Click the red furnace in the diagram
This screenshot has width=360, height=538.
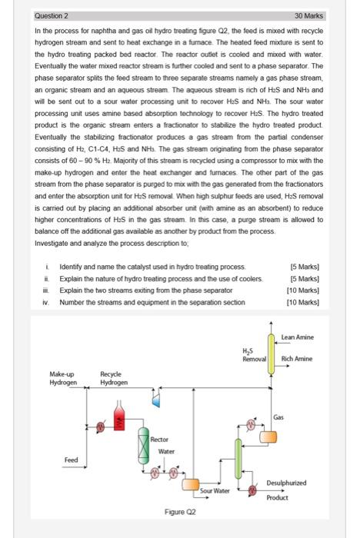point(119,416)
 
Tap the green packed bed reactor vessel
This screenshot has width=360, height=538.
point(144,446)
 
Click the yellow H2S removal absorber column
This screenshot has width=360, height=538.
point(271,354)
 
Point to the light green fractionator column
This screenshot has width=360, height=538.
point(238,458)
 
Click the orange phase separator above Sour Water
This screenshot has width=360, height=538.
point(190,484)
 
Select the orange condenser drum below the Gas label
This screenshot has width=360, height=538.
point(268,437)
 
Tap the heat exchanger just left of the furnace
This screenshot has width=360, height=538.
point(100,427)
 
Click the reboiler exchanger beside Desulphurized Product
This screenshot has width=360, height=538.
point(253,490)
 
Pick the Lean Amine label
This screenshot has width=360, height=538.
point(298,337)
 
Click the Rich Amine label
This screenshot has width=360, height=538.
point(297,359)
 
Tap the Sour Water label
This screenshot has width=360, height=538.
point(215,490)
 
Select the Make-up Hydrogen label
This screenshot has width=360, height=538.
point(63,378)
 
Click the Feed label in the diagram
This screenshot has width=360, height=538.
point(71,460)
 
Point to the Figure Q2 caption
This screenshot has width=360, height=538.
point(180,512)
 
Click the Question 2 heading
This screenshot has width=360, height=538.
point(52,16)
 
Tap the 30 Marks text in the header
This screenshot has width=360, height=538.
point(308,16)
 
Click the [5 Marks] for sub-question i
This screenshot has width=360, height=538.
point(305,267)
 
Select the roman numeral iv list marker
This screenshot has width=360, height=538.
point(45,302)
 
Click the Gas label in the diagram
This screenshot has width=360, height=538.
point(278,417)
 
